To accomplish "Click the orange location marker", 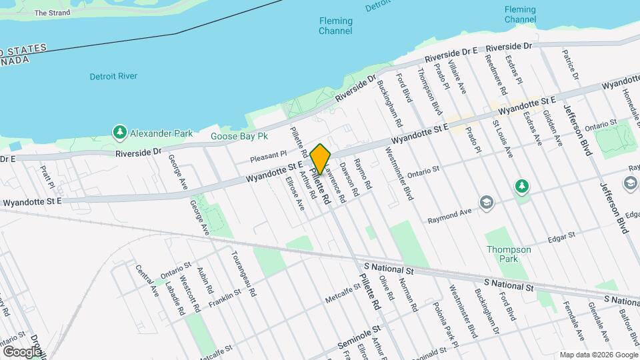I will click(320, 159).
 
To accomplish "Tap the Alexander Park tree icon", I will click(120, 133).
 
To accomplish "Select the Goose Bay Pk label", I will click(239, 136).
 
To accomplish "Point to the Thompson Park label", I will click(509, 254).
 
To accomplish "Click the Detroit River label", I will click(113, 77).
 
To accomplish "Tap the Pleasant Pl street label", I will click(269, 159).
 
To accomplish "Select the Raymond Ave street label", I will click(449, 214).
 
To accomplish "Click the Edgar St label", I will click(561, 237).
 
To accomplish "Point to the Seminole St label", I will click(357, 337).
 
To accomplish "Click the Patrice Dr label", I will click(568, 61).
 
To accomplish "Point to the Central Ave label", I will click(147, 281).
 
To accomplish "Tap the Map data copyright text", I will click(597, 355).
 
